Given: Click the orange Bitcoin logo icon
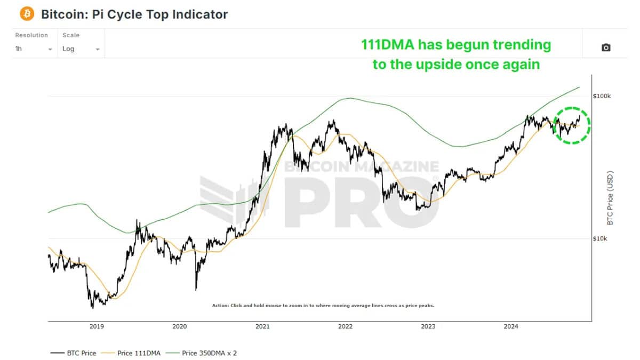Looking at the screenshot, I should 27,14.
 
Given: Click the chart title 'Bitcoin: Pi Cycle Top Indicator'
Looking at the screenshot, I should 134,14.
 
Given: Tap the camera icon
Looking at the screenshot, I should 606,47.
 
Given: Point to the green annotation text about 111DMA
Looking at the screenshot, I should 455,54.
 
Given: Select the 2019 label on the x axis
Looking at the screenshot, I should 97,326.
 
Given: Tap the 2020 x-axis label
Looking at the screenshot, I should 180,326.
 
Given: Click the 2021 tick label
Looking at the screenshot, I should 262,326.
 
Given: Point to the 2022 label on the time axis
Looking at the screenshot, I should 346,326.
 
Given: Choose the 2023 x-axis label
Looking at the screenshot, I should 428,326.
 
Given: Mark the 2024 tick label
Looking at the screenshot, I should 511,326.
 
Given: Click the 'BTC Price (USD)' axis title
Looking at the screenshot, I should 611,198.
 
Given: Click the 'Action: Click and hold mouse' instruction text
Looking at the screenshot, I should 323,306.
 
